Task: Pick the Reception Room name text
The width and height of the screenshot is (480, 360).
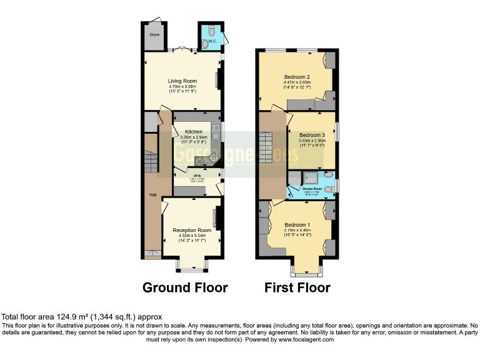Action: coord(192,230)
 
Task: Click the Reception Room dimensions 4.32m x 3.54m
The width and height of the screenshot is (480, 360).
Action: coord(192,236)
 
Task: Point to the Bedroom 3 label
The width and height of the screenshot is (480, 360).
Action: coord(312,135)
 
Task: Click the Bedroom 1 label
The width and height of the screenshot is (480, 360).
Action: coord(297,225)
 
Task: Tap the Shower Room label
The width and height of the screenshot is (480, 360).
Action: coord(312,188)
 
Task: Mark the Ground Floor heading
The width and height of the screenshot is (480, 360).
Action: coord(185,287)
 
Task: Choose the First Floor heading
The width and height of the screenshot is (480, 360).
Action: coord(297,287)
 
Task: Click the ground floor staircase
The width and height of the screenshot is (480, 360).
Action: coord(151,162)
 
